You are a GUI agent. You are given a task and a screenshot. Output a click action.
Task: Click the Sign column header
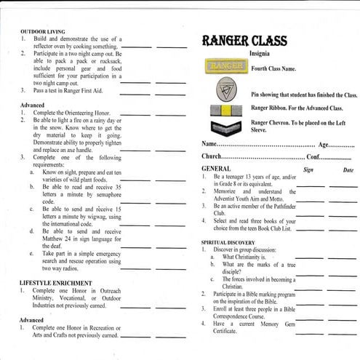coord(308,169)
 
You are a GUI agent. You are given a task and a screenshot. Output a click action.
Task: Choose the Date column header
coord(348,169)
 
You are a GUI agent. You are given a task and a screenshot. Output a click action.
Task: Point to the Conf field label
coord(313,156)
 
